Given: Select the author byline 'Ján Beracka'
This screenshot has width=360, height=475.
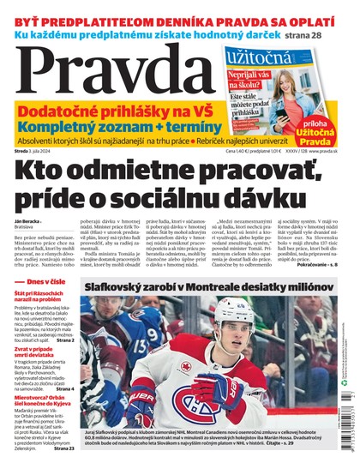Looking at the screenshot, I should coord(29,223).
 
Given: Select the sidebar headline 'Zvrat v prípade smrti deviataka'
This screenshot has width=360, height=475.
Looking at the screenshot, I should coord(40,374).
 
